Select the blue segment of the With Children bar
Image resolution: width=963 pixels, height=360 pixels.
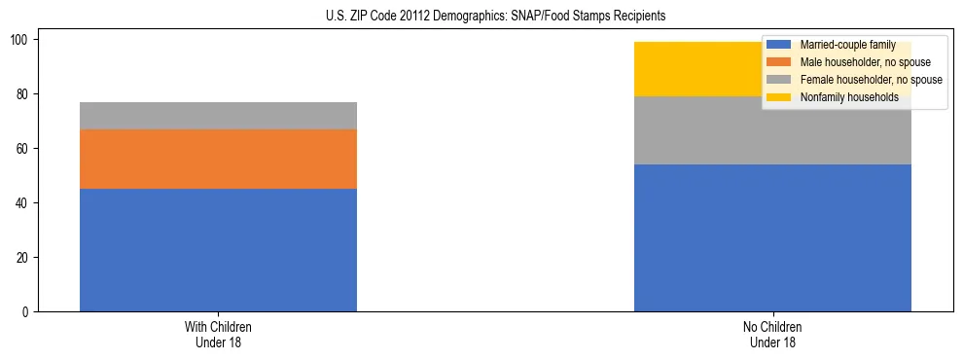pyautogui.click(x=218, y=250)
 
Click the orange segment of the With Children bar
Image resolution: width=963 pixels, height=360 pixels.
pyautogui.click(x=218, y=159)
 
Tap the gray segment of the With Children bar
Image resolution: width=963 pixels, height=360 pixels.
pyautogui.click(x=218, y=116)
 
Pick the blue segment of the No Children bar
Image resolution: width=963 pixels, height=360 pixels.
pyautogui.click(x=772, y=237)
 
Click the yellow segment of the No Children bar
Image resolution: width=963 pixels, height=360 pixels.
pyautogui.click(x=700, y=69)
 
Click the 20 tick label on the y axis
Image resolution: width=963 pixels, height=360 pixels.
pyautogui.click(x=25, y=258)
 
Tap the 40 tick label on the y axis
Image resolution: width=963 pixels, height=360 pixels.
pyautogui.click(x=25, y=203)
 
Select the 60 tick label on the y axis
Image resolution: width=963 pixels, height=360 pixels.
pyautogui.click(x=25, y=149)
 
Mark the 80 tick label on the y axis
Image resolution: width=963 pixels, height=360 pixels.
pyautogui.click(x=25, y=94)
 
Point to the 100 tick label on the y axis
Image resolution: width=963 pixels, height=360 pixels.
pyautogui.click(x=22, y=40)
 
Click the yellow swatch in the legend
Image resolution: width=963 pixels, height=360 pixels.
pyautogui.click(x=779, y=97)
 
